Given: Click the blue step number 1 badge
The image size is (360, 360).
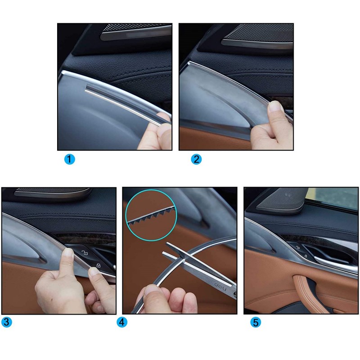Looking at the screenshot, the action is click(70, 159).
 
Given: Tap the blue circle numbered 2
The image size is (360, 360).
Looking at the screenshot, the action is click(196, 159).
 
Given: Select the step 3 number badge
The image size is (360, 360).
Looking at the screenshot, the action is click(6, 322).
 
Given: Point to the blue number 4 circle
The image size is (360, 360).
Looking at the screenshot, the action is click(122, 322).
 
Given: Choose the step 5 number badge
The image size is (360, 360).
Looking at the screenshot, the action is click(256, 322).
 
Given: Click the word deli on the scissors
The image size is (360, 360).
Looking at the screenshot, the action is click(220, 286).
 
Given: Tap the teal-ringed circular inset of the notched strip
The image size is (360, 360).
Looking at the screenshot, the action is click(151, 215).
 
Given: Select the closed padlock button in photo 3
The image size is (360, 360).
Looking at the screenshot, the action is click(99, 265).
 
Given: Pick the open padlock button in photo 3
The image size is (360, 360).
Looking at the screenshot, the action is click(85, 253).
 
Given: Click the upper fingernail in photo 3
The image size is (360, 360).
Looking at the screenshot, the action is click(69, 252).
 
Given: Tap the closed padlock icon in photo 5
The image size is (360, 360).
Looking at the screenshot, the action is click(306, 256).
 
